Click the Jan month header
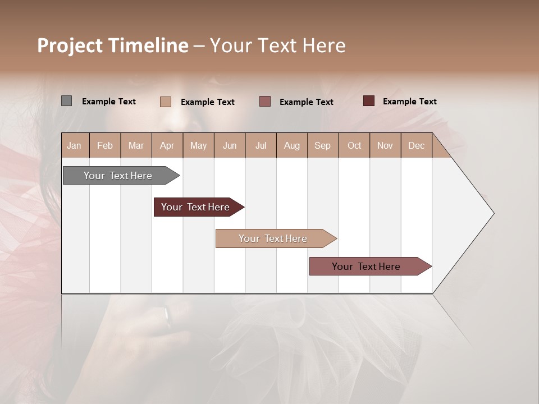coord(74,146)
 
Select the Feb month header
coord(105,146)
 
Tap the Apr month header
coord(167,146)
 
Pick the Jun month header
coord(230,146)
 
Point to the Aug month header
coord(291,146)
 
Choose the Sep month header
coord(322,146)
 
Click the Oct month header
coord(354,146)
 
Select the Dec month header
coord(416,146)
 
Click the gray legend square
coord(66,101)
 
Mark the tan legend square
coord(165,102)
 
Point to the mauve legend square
coord(265,101)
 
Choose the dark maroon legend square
coord(368,101)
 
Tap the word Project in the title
coord(70,45)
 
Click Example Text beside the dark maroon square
coord(409,102)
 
